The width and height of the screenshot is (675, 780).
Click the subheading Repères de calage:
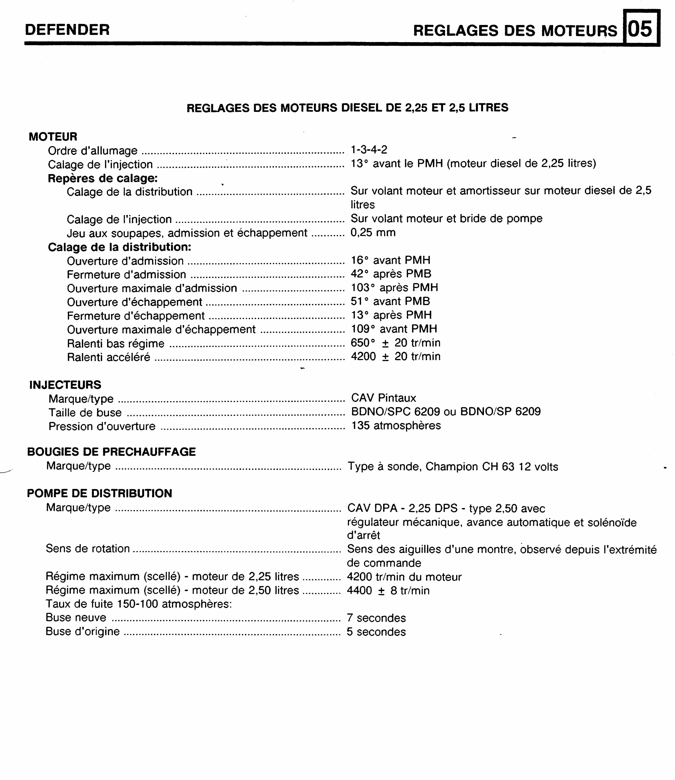(102, 178)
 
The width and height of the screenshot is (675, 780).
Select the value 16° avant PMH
(390, 260)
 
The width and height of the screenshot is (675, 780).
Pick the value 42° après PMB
(391, 274)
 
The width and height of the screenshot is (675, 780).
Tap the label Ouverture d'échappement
(134, 302)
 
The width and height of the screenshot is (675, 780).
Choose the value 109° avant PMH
(394, 329)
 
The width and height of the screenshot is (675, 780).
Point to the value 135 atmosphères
(396, 426)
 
